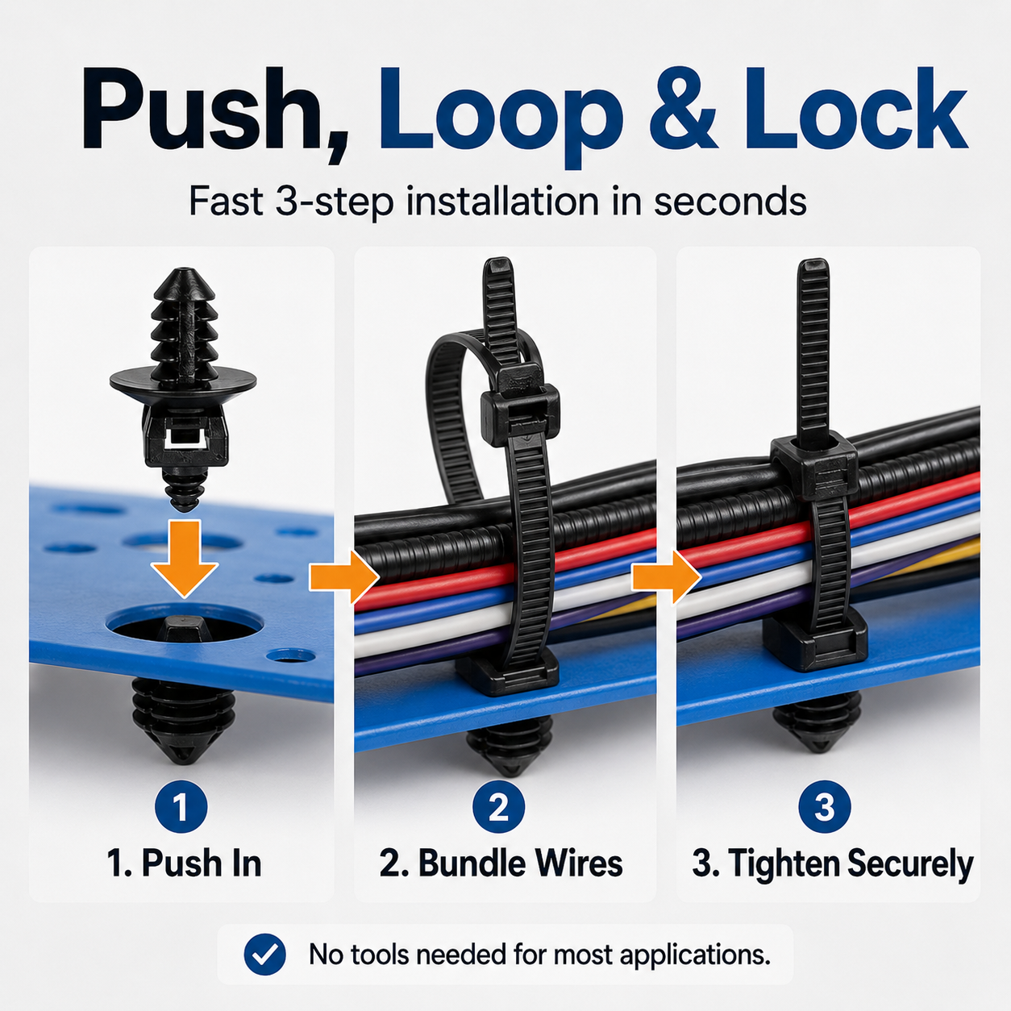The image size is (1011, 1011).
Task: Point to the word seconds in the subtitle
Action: pos(730,202)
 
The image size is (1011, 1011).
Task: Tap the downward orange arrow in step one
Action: pos(184,558)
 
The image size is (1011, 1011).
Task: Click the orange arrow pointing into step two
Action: pos(345,577)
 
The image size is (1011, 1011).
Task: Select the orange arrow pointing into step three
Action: pos(666,577)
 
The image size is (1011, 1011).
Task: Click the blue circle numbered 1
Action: pos(181,807)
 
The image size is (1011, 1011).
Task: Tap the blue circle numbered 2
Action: pos(498,807)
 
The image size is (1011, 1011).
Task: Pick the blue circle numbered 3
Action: pos(824,807)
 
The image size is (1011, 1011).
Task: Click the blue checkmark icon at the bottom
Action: pos(265,955)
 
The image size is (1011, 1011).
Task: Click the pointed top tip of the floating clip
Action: pos(182,271)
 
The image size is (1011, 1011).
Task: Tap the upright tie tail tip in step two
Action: pos(497,260)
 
